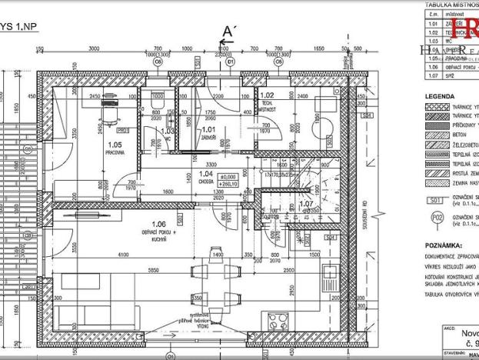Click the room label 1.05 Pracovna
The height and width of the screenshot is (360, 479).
[115, 148]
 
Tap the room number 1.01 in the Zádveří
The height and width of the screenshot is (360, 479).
[208, 132]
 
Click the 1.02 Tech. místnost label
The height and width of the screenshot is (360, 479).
[268, 100]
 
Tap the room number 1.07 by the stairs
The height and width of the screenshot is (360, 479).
[305, 204]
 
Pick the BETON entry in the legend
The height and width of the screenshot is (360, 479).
[460, 132]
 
